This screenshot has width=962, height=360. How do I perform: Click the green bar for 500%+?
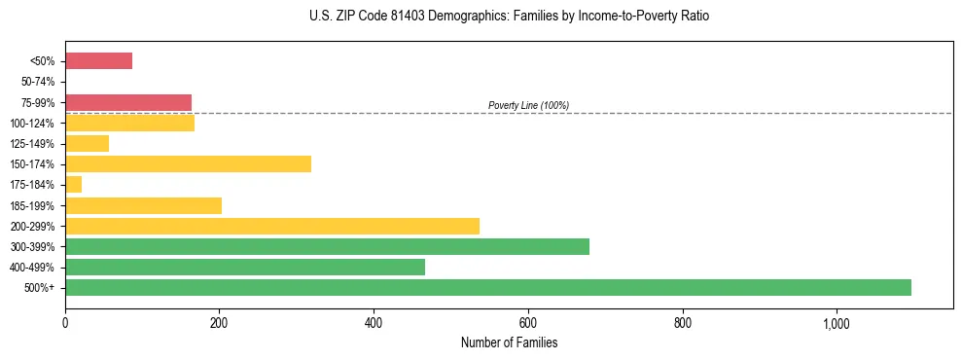[x=487, y=287]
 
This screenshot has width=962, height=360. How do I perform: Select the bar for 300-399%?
[x=327, y=246]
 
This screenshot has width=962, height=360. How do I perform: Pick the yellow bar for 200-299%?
[x=272, y=226]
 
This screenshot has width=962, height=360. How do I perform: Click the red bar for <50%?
[x=98, y=61]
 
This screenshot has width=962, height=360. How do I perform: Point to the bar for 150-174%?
[x=188, y=163]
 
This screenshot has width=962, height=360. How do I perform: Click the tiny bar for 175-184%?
[x=73, y=184]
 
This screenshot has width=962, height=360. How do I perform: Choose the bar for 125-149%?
[x=87, y=143]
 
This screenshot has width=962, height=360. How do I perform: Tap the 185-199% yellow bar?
[x=143, y=205]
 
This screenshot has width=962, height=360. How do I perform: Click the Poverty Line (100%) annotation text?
[x=528, y=105]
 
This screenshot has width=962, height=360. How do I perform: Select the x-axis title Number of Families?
[x=509, y=342]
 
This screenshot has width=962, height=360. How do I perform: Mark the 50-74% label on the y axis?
[x=39, y=82]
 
